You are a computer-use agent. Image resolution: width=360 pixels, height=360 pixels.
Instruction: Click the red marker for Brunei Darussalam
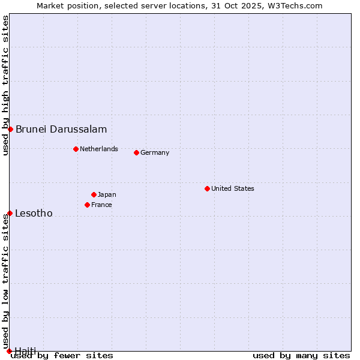pos(10,129)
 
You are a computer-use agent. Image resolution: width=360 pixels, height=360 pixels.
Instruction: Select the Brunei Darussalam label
pos(61,129)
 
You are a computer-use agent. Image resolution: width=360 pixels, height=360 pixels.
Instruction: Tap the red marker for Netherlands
pos(76,149)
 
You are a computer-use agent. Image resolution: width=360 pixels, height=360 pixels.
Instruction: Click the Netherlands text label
pos(99,149)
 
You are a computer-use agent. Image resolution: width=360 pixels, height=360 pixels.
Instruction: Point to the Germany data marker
pos(136,152)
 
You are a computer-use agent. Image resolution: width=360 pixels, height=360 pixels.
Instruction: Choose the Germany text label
pos(155,152)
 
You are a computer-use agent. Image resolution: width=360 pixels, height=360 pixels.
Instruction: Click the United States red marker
pos(207,188)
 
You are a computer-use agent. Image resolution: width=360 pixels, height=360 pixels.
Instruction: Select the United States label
pos(233,188)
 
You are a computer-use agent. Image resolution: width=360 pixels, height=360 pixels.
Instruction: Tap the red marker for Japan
pos(94,194)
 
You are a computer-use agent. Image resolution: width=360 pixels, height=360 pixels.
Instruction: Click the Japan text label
pos(107,194)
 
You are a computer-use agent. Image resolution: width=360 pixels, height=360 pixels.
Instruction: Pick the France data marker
pos(87,205)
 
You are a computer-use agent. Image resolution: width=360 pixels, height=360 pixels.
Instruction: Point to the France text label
pos(101,205)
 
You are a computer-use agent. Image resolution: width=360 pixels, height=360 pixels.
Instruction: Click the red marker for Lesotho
pos(10,213)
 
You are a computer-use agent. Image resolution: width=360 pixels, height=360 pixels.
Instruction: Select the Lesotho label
pos(34,213)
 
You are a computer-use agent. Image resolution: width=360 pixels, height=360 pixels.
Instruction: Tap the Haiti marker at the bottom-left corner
pos(9,351)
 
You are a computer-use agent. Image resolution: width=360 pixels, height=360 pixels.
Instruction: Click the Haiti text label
pos(25,350)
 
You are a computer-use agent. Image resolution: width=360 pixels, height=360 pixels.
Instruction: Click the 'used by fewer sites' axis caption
pos(62,355)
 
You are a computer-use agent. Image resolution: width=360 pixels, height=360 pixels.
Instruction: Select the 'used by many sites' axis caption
pos(301,355)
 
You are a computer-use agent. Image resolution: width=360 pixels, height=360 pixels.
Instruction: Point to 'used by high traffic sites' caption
pos(5,85)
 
